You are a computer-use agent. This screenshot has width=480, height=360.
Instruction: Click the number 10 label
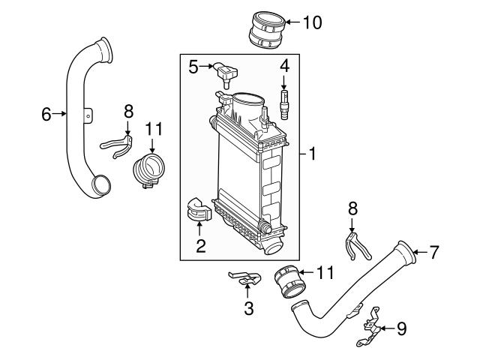tap(312, 22)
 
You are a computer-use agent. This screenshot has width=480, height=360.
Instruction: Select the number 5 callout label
tap(193, 67)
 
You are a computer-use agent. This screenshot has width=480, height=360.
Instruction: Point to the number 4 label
tap(284, 67)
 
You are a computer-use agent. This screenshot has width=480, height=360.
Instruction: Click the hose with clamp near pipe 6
tap(148, 172)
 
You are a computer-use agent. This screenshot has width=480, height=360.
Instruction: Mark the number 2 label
tap(200, 245)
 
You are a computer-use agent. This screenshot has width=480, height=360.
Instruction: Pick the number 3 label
tap(249, 308)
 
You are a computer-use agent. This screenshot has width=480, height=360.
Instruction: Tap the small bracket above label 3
tap(245, 280)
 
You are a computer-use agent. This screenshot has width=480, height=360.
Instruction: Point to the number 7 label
tap(433, 253)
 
